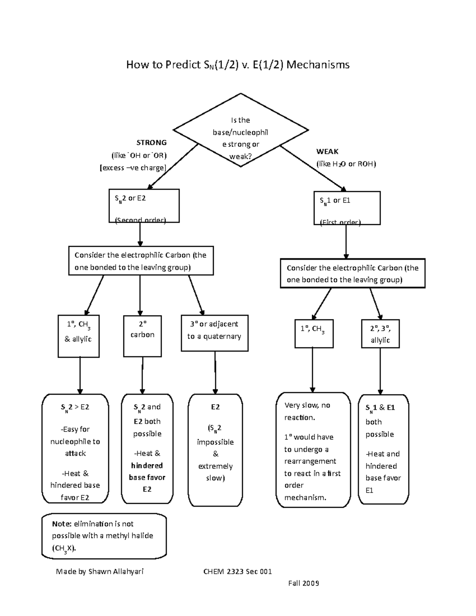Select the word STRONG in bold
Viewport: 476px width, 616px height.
pos(152,142)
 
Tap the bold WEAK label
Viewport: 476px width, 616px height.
pos(327,152)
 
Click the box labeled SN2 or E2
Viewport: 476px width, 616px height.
pos(144,205)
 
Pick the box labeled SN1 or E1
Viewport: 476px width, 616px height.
pos(346,208)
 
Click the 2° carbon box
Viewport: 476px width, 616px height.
pos(142,336)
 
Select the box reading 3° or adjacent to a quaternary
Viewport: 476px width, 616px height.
pos(215,333)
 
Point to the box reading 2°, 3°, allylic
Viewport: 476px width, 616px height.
pos(380,334)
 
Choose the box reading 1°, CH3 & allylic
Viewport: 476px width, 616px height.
pos(79,336)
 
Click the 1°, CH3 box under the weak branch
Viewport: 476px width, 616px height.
pos(314,333)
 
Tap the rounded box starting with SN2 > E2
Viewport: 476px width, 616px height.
pos(75,448)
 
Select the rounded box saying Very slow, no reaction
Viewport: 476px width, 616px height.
pos(313,450)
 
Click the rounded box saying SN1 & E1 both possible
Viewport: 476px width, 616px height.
pos(383,449)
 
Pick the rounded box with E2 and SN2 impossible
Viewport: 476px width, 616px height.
pos(215,450)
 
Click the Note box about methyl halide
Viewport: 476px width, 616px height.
pos(104,536)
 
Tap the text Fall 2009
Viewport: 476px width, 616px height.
pos(303,583)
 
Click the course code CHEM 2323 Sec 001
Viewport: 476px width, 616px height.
pos(238,572)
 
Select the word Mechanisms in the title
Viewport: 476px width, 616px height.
pos(318,65)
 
